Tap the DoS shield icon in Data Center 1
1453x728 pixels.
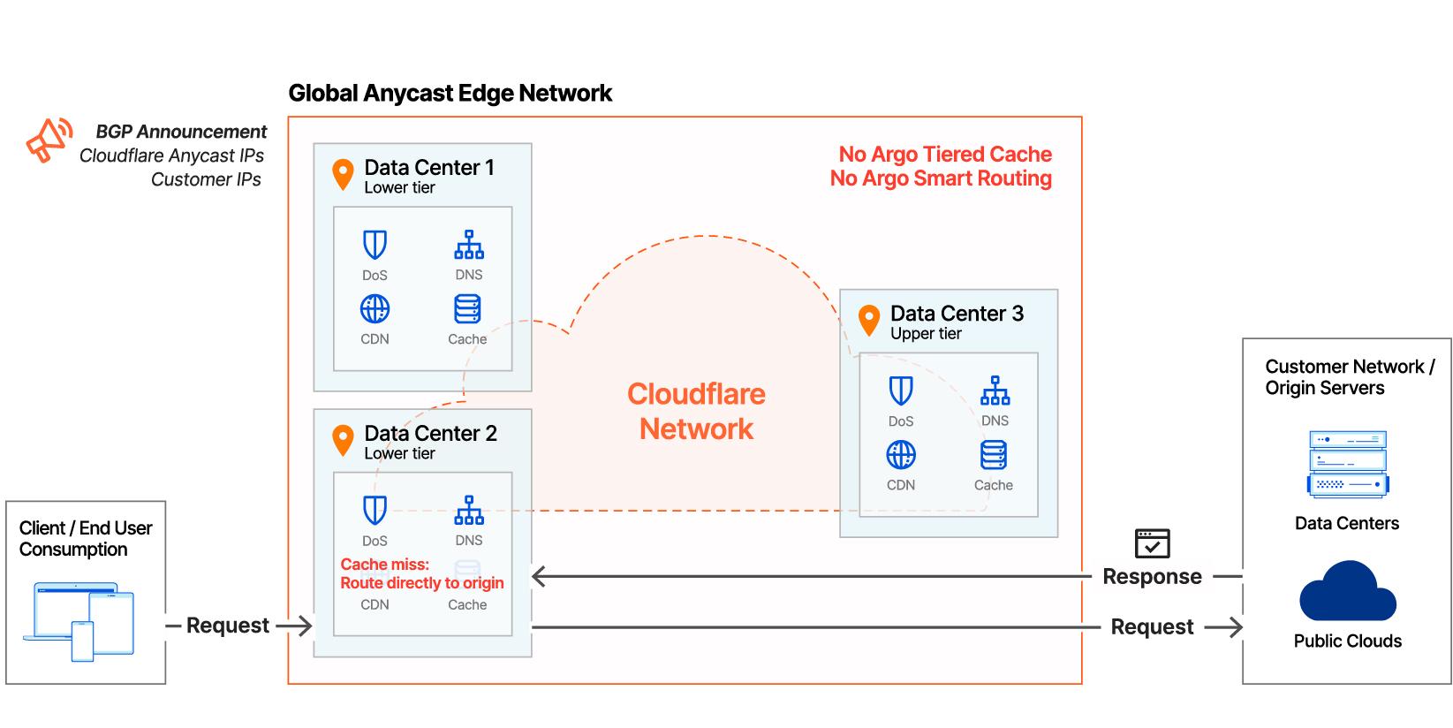(375, 245)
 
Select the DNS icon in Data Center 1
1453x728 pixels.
(468, 245)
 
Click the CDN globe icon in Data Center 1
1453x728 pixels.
(375, 309)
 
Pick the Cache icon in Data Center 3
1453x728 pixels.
(993, 455)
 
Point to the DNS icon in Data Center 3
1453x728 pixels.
(995, 391)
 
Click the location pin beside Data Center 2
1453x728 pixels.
(343, 440)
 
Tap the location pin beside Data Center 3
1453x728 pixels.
(869, 321)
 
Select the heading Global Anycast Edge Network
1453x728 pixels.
(450, 94)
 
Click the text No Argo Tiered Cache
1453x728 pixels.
(945, 155)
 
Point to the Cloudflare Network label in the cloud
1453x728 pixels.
(696, 412)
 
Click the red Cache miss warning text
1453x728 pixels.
(421, 573)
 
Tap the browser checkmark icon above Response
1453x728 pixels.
(1152, 543)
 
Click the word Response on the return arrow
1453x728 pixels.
(1152, 577)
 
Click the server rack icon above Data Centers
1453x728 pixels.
(1347, 465)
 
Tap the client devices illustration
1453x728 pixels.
(85, 620)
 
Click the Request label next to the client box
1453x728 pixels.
(227, 626)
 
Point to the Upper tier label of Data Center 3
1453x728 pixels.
(926, 334)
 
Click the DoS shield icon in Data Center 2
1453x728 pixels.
(375, 511)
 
